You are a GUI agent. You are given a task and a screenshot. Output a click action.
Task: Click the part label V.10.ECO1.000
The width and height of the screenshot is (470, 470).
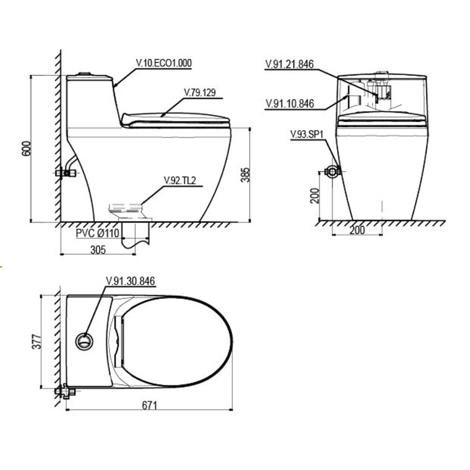[164, 63]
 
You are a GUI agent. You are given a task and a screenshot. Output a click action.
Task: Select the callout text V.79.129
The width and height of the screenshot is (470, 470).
[200, 92]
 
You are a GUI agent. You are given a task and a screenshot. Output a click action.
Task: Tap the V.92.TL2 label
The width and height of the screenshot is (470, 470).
[180, 180]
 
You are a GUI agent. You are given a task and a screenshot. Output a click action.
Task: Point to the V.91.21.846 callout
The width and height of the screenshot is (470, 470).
[290, 64]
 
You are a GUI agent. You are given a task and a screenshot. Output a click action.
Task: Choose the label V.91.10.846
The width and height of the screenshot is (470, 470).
[290, 104]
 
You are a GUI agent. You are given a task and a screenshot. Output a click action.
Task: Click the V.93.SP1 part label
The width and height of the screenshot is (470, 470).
[307, 134]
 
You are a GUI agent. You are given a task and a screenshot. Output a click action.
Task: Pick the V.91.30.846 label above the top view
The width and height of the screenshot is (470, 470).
[130, 281]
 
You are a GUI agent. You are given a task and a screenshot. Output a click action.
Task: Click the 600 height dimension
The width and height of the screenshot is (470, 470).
[26, 149]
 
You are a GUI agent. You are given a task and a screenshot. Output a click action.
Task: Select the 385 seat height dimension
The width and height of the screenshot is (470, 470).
[245, 175]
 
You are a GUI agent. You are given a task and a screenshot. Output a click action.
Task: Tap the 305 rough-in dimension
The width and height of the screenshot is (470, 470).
[98, 250]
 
